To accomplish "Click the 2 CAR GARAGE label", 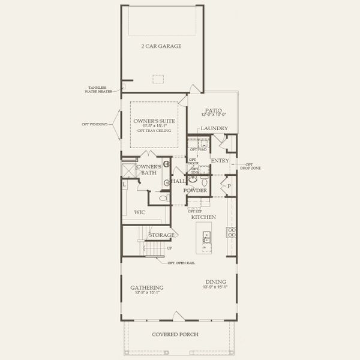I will (161, 46).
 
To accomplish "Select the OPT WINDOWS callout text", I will (95, 124).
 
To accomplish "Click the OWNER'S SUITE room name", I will (154, 121).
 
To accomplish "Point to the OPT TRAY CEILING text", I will (154, 130).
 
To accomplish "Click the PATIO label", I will (213, 111).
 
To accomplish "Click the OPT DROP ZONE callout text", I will (250, 165).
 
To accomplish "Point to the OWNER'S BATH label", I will (148, 170).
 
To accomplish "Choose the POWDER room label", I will (196, 191).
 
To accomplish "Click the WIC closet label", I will (140, 212).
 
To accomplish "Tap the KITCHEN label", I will (203, 217).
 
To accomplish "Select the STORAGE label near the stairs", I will (161, 235).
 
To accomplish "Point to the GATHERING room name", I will (147, 288).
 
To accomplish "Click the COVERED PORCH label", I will (175, 334).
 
